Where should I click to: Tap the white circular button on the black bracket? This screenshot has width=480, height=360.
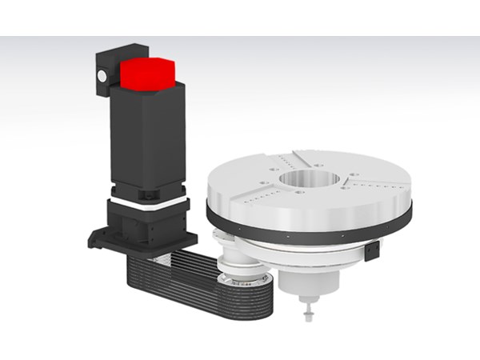point(102,76)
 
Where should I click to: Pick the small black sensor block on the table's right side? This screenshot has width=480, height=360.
point(371,252)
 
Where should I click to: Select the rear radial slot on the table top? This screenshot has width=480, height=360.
point(300,154)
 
